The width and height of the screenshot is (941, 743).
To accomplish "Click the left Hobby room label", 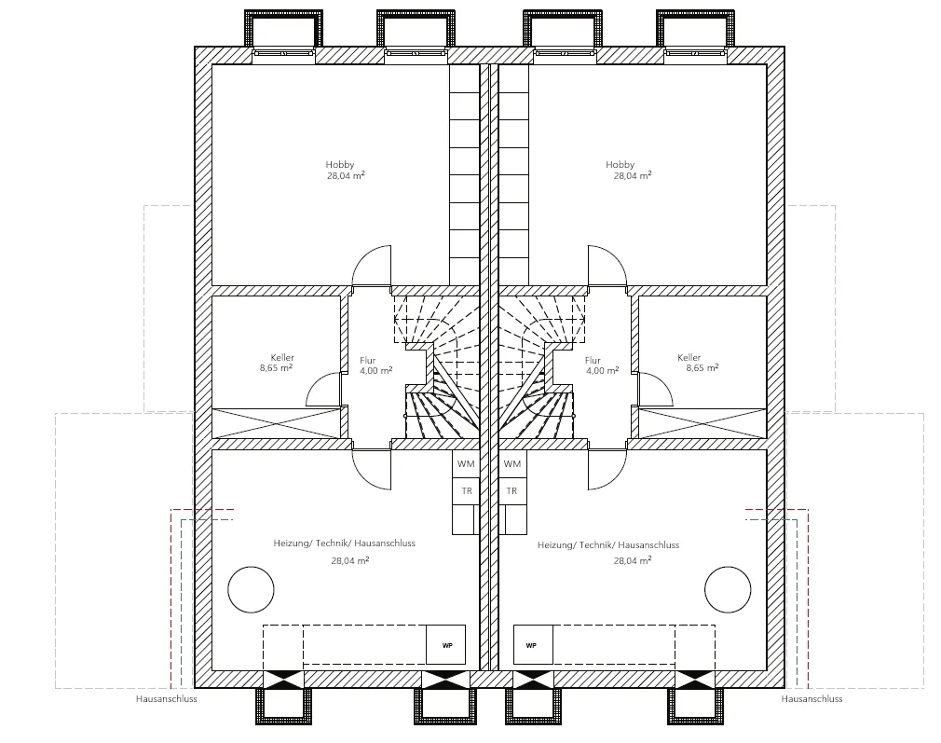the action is [340, 165].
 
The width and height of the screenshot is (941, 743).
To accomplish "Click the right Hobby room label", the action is [620, 165].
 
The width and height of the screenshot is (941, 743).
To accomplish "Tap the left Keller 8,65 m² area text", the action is [276, 367].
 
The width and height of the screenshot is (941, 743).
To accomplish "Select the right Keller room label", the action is [689, 357].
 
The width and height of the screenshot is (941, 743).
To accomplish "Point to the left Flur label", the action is [367, 361].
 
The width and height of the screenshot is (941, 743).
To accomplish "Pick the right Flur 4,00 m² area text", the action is [602, 371].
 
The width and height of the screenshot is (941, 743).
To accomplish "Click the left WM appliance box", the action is [466, 463].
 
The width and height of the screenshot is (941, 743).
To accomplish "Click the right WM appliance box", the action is [512, 463].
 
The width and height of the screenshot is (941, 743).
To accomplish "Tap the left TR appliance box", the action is [466, 491].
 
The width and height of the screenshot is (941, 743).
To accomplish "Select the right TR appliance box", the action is [512, 491].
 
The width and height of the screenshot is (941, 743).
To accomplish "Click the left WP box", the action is [446, 644].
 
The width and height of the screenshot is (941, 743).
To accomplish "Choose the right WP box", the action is [533, 644].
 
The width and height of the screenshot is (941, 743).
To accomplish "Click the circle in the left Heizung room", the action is [251, 567].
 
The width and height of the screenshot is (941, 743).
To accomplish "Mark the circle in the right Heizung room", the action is [728, 567].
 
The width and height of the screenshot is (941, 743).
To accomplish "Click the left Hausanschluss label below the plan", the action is [166, 699].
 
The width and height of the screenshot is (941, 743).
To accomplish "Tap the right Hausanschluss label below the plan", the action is [812, 699].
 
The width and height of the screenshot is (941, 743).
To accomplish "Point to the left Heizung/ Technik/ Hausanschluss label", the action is [345, 543].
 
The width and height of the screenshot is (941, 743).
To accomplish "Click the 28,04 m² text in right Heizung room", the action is [633, 561].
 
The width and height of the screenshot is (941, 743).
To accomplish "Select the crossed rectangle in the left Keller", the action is [277, 423].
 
